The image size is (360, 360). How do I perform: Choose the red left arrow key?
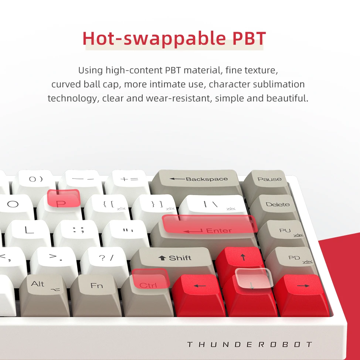pos(199,294)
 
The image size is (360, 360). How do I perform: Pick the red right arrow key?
pos(302,294)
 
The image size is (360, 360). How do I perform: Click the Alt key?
pos(44,294)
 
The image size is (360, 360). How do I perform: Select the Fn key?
pos(96,294)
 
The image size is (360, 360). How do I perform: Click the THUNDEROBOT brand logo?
pos(249,344)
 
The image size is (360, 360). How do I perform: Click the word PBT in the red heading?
pos(249,38)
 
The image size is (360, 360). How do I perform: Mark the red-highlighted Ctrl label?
pos(148,285)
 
